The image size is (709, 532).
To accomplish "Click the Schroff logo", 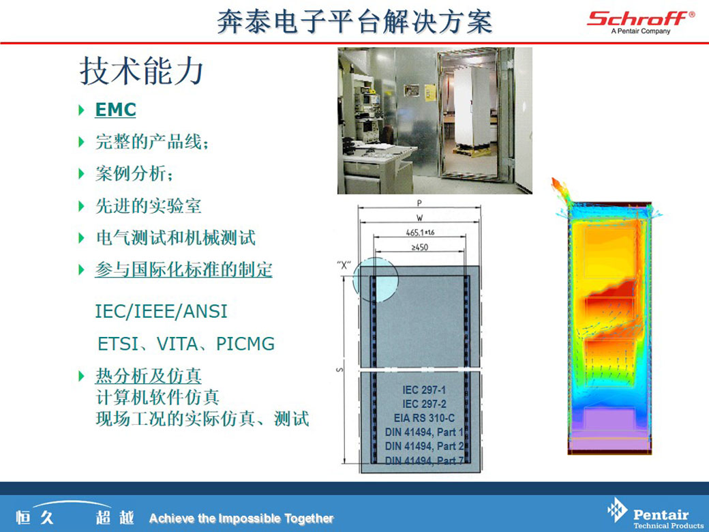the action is click(641, 22).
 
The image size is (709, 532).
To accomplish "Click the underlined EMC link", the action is click(115, 110).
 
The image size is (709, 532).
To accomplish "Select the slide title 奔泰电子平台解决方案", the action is click(354, 21).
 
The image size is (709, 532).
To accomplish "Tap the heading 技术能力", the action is click(142, 71).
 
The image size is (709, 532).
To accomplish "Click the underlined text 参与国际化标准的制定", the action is click(183, 269).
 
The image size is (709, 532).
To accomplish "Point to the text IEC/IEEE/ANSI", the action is click(161, 312).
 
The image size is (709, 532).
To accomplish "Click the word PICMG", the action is click(245, 344).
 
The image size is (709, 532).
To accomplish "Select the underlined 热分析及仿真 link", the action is click(148, 376).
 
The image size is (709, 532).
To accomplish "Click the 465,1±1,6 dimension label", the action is click(420, 233).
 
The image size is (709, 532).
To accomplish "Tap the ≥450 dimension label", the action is click(420, 248).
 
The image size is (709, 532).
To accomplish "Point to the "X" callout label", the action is click(344, 265).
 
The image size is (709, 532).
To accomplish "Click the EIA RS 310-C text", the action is click(424, 418).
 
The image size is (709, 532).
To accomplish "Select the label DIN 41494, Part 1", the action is click(424, 432).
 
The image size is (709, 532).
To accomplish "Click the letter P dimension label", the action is click(419, 203).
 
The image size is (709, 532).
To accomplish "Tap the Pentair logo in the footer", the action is click(655, 514).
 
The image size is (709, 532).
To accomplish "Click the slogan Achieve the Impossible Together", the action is click(241, 518).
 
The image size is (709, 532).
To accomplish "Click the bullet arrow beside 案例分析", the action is click(81, 174).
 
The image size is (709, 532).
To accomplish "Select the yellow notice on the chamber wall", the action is click(429, 93).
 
